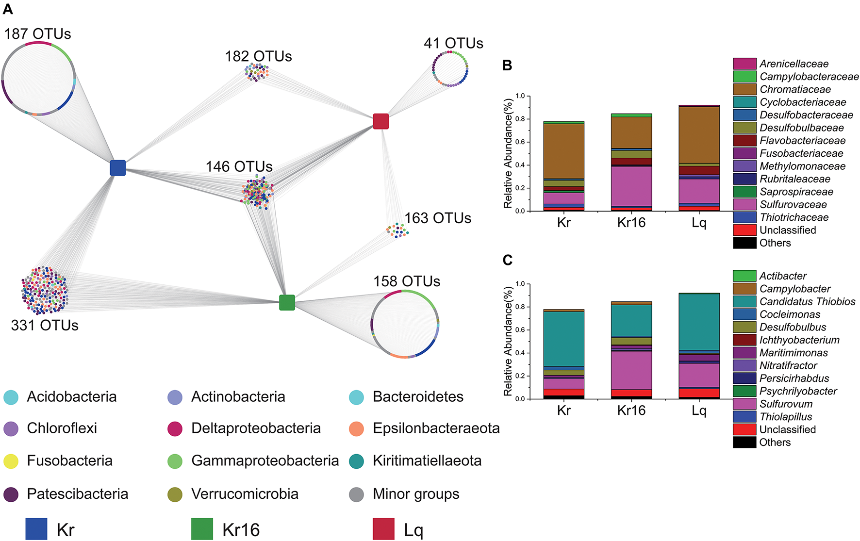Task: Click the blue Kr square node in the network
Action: click(118, 168)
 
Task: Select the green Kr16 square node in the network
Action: click(287, 302)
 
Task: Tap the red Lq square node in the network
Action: click(381, 121)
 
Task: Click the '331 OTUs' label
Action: click(45, 325)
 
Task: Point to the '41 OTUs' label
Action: click(453, 44)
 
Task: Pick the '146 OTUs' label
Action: click(239, 166)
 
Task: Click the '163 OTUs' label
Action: click(438, 218)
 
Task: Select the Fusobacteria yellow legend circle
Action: click(11, 461)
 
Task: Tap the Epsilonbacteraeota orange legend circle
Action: click(357, 428)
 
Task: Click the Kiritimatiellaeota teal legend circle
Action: click(357, 461)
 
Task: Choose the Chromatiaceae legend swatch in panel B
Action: click(744, 89)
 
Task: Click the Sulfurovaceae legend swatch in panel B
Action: click(744, 204)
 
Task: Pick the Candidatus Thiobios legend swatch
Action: click(744, 301)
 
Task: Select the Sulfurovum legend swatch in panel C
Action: click(744, 404)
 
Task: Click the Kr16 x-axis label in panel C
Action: click(631, 410)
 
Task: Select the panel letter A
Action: click(8, 9)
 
